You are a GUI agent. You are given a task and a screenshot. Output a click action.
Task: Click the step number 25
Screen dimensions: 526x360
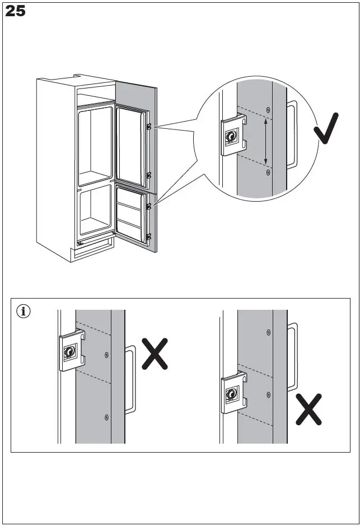[16, 11]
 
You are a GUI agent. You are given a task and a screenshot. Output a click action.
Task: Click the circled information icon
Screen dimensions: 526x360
[24, 311]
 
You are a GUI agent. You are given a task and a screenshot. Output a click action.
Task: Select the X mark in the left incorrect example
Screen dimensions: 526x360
[155, 353]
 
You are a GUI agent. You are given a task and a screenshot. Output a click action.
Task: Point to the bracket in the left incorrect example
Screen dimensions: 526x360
[71, 351]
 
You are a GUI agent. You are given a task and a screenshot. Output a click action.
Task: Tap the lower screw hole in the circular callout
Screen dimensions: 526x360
[268, 173]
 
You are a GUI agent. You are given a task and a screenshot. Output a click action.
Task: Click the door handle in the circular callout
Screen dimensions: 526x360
[291, 134]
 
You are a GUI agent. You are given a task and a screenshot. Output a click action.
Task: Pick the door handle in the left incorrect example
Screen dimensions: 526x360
[130, 379]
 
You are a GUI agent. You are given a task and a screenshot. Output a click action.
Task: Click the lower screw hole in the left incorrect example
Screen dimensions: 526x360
[106, 416]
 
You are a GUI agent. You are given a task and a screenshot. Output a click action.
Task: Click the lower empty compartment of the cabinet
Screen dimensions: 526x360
[95, 210]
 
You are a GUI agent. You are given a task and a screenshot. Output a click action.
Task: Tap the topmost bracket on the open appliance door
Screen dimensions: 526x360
[148, 127]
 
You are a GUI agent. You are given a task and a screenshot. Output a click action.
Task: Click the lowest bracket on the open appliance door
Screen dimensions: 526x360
[148, 237]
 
